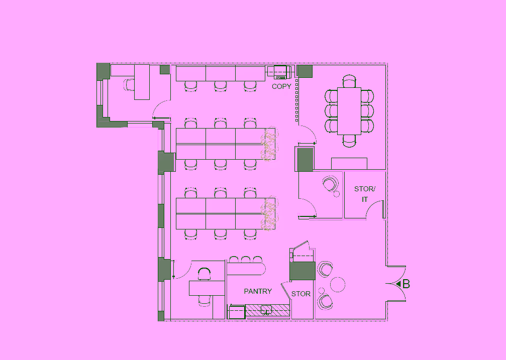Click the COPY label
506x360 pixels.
(281, 86)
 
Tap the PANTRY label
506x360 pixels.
(258, 291)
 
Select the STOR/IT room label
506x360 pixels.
(365, 194)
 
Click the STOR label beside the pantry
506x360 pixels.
(301, 294)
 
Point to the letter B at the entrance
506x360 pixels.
(407, 284)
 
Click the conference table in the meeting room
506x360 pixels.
(349, 111)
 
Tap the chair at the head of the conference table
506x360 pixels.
(349, 81)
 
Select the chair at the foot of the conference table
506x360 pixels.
(349, 141)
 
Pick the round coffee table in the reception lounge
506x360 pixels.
(338, 285)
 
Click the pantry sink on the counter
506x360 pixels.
(266, 310)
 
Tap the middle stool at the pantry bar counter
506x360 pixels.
(246, 260)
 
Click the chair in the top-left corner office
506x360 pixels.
(129, 84)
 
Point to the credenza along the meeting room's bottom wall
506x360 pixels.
(349, 164)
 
